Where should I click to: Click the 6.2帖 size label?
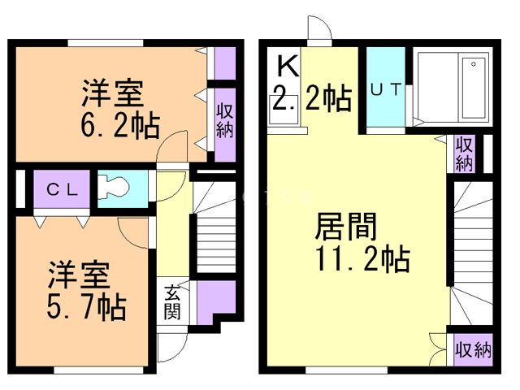(120, 126)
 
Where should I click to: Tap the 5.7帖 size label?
(87, 307)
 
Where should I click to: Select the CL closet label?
(62, 189)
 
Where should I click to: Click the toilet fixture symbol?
(113, 188)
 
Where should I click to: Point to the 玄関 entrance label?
(172, 301)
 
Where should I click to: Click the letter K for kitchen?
(288, 66)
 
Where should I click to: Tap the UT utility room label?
(386, 89)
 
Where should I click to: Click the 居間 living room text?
(346, 227)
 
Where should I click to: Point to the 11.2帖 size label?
(363, 258)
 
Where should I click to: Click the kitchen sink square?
(284, 110)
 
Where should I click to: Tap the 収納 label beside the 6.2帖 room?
(225, 120)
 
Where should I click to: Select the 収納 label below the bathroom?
(464, 154)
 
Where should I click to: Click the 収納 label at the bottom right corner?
(473, 349)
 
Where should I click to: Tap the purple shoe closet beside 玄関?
(216, 302)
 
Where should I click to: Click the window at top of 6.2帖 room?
(106, 43)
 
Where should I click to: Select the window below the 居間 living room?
(346, 370)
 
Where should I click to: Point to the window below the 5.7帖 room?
(99, 370)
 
